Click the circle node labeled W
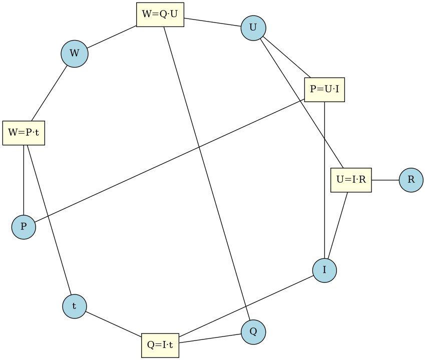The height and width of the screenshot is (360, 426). pyautogui.click(x=75, y=54)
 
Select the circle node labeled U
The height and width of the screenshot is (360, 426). pyautogui.click(x=253, y=28)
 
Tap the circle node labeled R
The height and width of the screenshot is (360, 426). pyautogui.click(x=411, y=180)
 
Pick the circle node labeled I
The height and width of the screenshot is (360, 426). pyautogui.click(x=324, y=270)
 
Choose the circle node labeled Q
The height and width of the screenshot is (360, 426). pyautogui.click(x=253, y=332)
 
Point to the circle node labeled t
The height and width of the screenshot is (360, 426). pyautogui.click(x=75, y=306)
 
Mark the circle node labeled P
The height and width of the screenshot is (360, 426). pyautogui.click(x=24, y=227)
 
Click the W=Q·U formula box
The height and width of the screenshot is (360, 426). pyautogui.click(x=160, y=15)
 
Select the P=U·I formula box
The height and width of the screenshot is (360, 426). pyautogui.click(x=324, y=90)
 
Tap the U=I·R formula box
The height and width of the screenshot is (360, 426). pyautogui.click(x=351, y=180)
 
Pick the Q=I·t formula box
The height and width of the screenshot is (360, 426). pyautogui.click(x=160, y=345)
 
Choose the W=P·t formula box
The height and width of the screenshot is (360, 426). pyautogui.click(x=24, y=133)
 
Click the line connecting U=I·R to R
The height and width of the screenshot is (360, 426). pyautogui.click(x=385, y=180)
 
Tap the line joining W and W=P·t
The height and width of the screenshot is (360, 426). pyautogui.click(x=49, y=94)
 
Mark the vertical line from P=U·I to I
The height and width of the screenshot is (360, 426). pyautogui.click(x=325, y=180)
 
